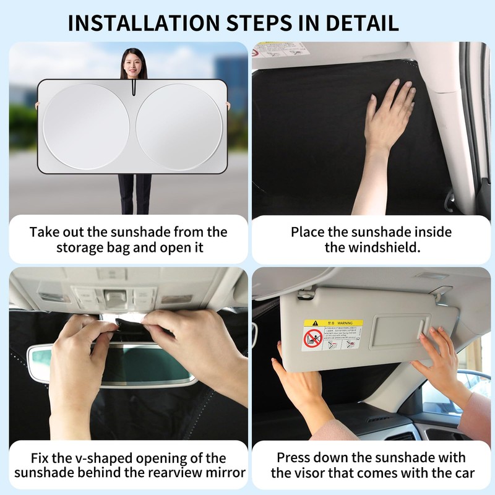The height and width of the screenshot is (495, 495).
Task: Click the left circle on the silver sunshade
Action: pos(86,127)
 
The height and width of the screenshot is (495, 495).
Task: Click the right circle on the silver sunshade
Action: pos(178,127)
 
